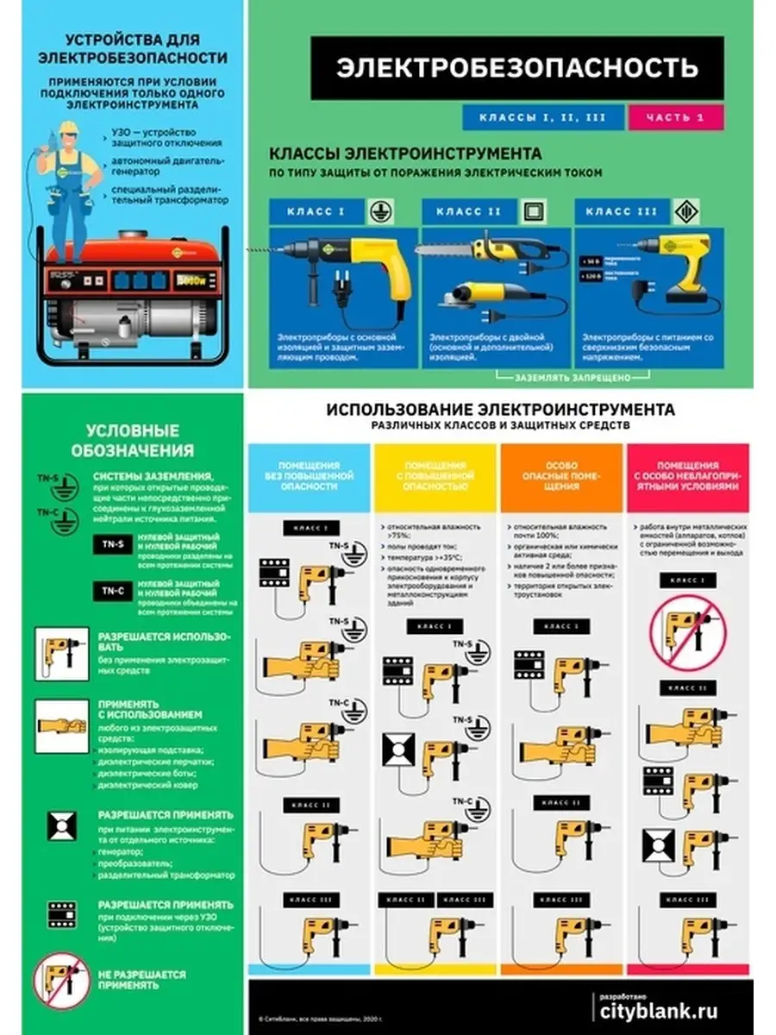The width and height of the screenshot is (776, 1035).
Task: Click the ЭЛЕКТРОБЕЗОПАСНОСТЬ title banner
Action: (x=516, y=68)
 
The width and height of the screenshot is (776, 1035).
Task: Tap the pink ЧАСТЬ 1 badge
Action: (x=677, y=117)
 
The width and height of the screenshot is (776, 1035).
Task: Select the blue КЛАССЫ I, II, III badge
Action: (x=542, y=117)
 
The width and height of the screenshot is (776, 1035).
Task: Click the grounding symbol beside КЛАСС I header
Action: (x=378, y=211)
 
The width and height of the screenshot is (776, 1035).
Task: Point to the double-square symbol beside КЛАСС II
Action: (x=532, y=211)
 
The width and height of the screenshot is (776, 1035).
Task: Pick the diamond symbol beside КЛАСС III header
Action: (x=686, y=211)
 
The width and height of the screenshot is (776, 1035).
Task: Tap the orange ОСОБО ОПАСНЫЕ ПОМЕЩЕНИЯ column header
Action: (x=563, y=475)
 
